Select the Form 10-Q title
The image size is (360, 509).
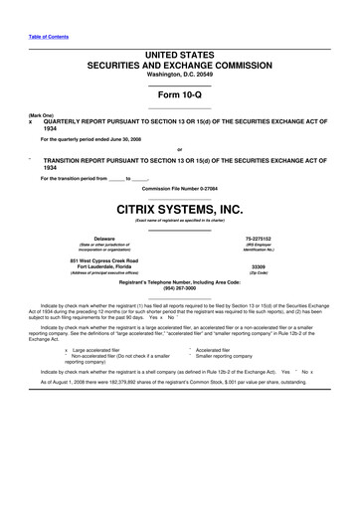click(180, 93)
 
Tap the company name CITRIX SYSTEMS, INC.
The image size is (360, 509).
click(180, 209)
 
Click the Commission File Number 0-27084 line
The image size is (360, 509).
click(180, 188)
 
